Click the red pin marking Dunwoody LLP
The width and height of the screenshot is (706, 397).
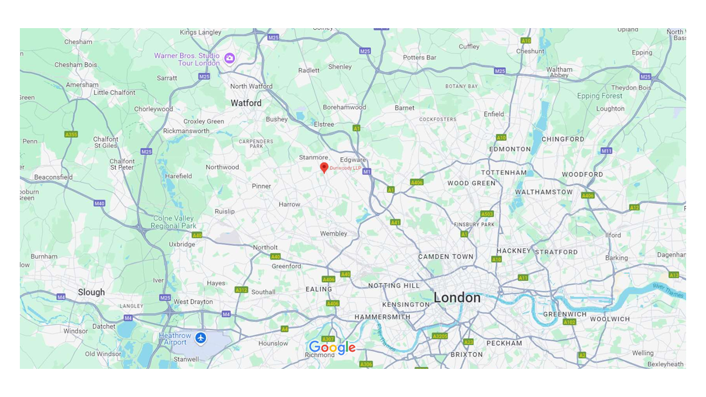click(x=324, y=168)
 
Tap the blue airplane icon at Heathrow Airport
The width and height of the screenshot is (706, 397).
click(x=201, y=337)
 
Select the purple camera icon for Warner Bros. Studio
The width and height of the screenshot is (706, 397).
click(x=229, y=57)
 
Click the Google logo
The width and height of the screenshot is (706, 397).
click(x=332, y=347)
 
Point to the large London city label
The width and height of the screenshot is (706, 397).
click(x=457, y=298)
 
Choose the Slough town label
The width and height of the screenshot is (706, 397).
click(x=91, y=292)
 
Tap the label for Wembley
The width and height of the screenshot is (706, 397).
click(x=334, y=233)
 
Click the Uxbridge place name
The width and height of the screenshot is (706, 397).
click(x=182, y=244)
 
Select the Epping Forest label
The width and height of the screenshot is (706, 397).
click(x=600, y=96)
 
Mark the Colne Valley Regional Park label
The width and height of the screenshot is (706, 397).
click(x=173, y=222)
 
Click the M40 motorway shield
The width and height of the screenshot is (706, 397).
click(x=99, y=203)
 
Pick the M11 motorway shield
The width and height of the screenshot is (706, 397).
click(x=606, y=151)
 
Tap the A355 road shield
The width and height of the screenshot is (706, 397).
click(x=71, y=134)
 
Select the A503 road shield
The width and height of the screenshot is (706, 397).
click(x=486, y=214)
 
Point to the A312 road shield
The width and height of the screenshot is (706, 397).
click(x=241, y=289)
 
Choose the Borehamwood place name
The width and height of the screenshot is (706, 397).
click(x=344, y=108)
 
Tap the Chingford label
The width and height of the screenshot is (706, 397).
click(x=563, y=139)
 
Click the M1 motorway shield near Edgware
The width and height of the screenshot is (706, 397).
click(x=367, y=172)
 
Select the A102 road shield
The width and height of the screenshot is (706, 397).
click(x=569, y=322)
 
